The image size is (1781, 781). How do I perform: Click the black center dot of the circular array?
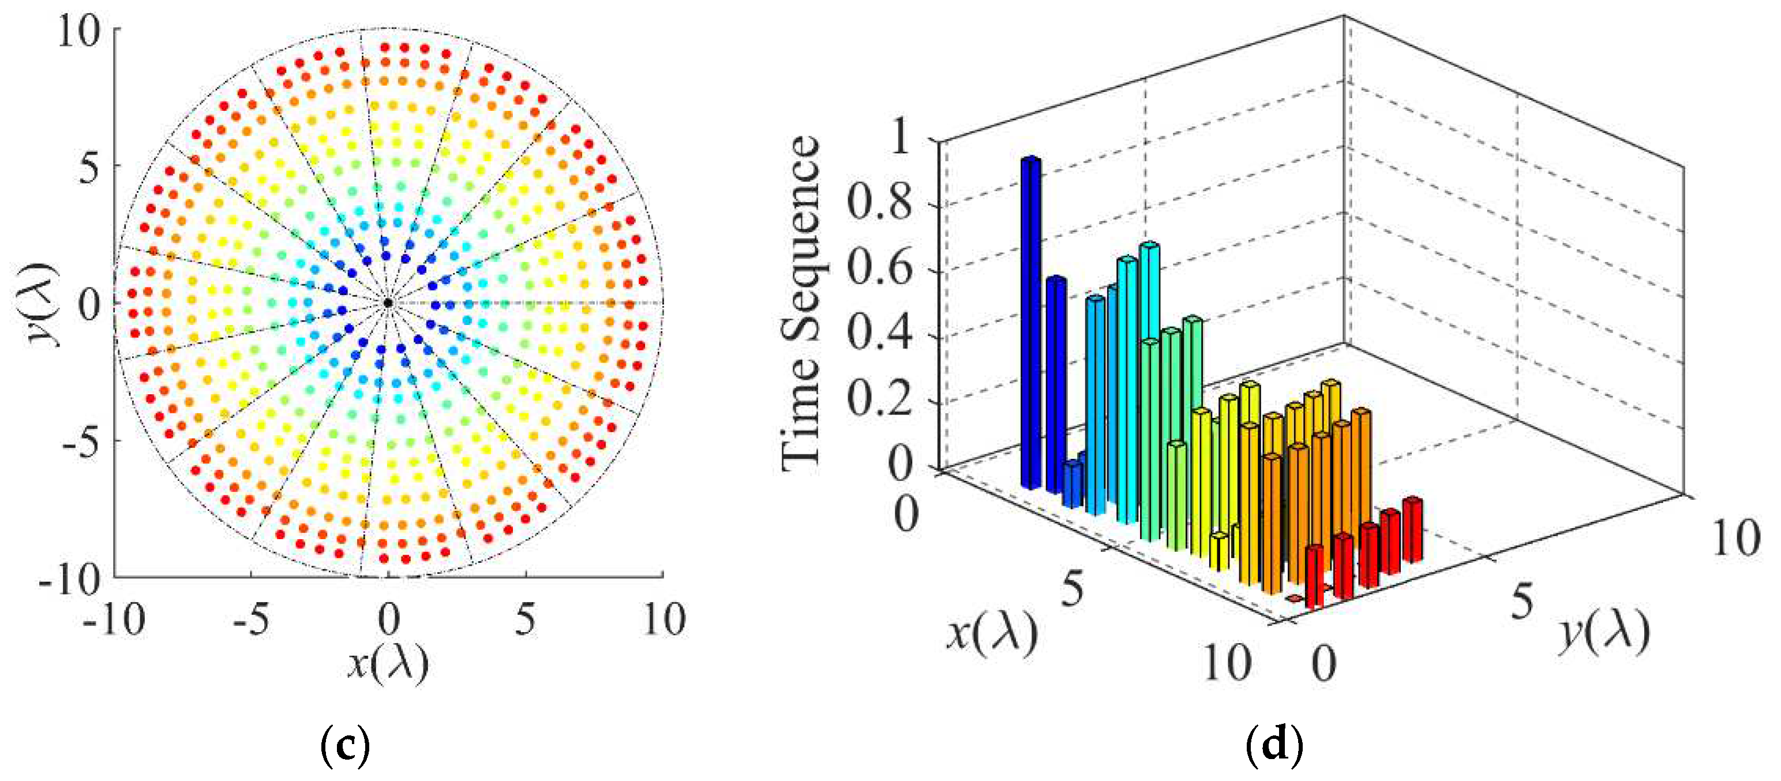click(x=388, y=303)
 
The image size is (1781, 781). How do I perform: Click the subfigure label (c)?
click(x=346, y=745)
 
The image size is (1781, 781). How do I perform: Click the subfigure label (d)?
click(x=1274, y=745)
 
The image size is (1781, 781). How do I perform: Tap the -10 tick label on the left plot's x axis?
click(x=114, y=619)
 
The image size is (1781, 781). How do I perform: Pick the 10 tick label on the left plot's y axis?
click(x=78, y=31)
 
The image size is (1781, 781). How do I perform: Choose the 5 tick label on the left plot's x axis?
click(x=526, y=619)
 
